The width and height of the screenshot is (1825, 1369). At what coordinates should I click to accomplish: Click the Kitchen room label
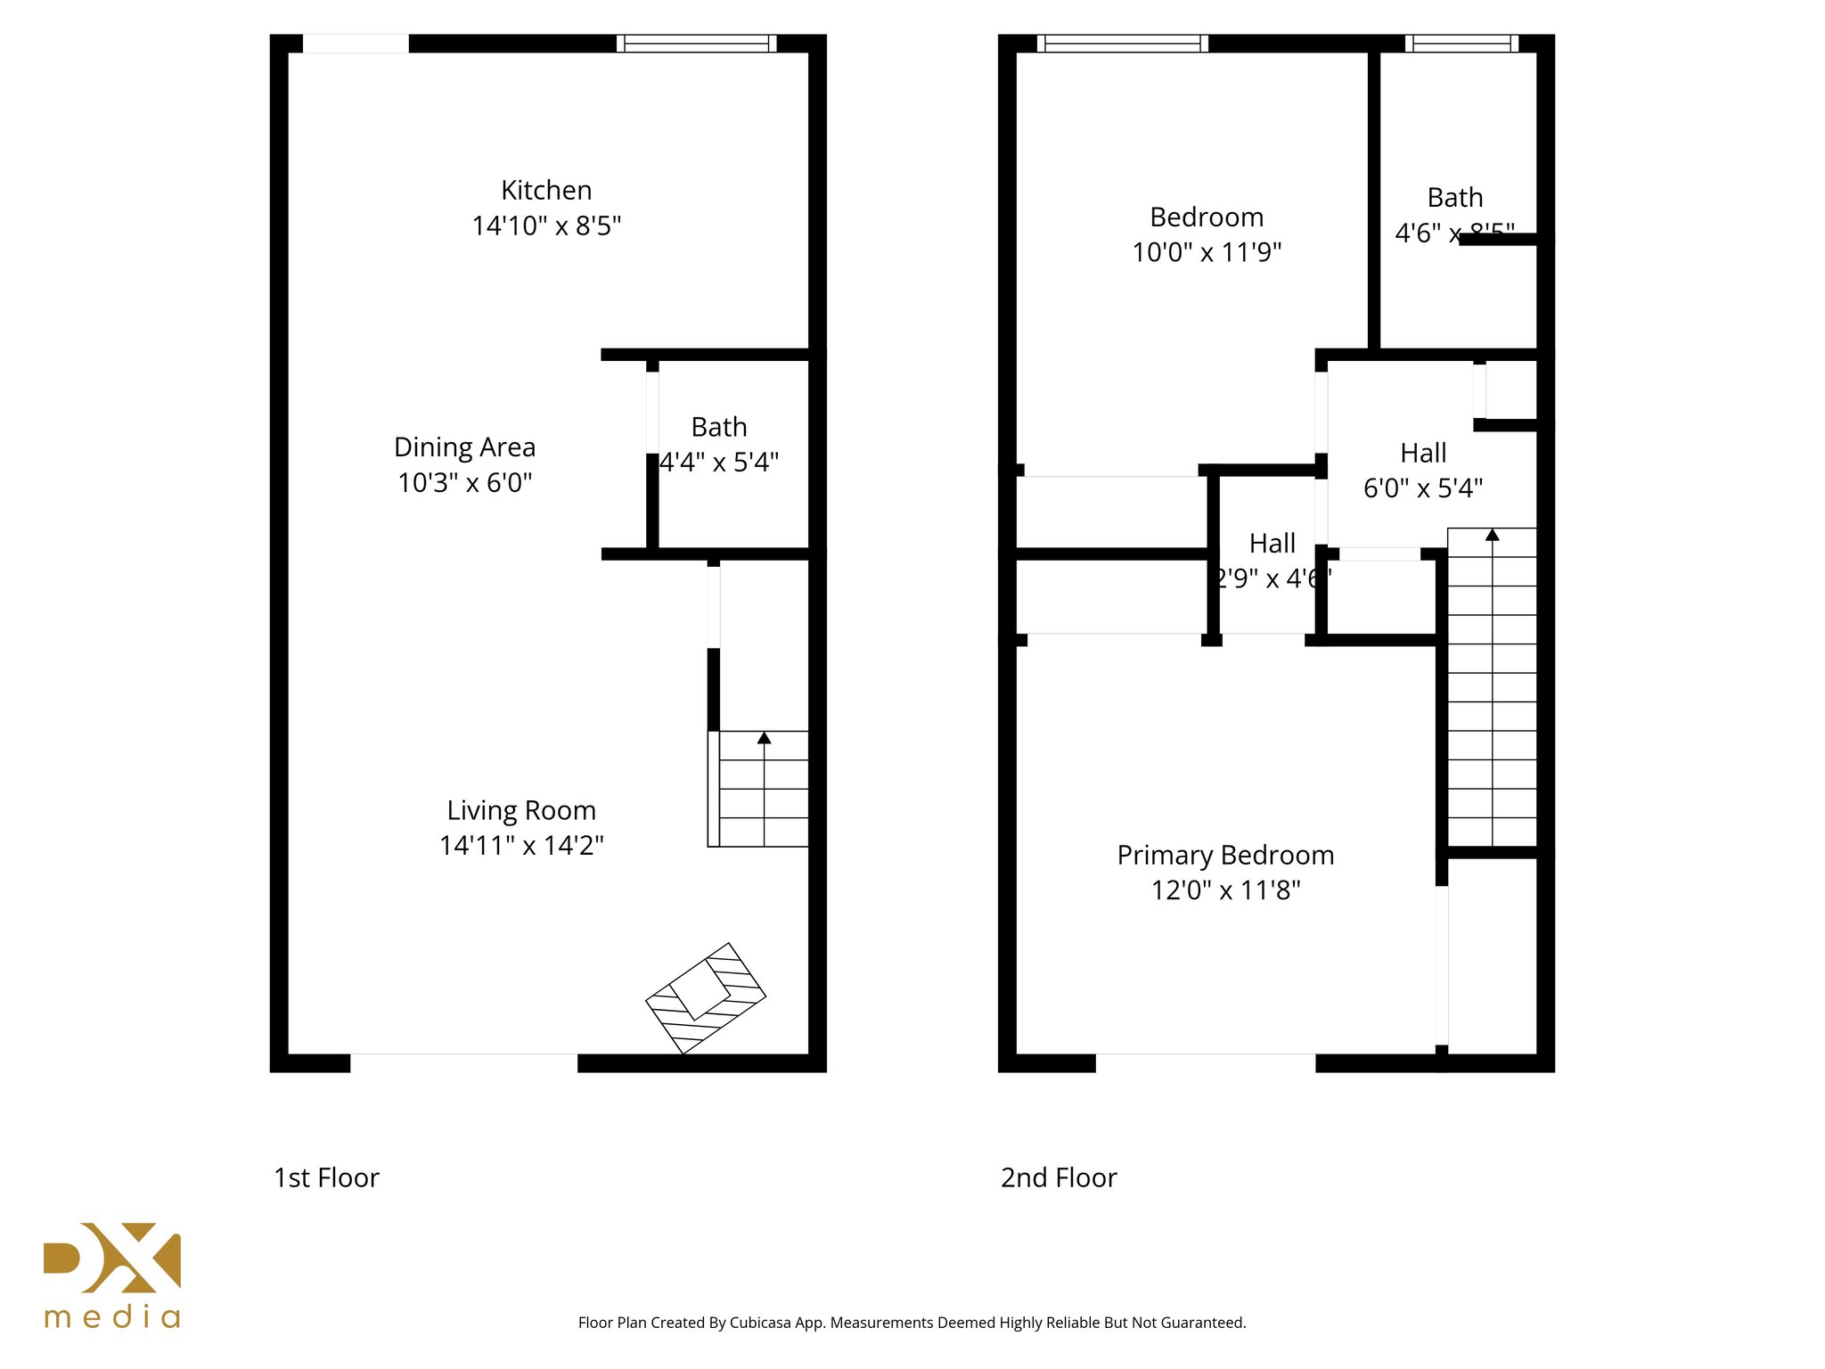[546, 190]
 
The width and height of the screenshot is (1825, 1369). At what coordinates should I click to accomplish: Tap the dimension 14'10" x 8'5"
[546, 225]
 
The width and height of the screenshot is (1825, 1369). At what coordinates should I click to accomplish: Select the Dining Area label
[464, 447]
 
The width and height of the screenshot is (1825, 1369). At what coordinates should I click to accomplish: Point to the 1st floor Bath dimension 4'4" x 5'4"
[719, 462]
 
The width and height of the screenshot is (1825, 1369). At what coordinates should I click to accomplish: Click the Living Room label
[521, 810]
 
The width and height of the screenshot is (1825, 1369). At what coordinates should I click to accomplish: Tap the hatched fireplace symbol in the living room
[705, 997]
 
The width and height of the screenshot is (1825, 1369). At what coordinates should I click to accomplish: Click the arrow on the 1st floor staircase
[764, 738]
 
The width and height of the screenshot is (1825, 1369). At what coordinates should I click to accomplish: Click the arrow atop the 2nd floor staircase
[1492, 535]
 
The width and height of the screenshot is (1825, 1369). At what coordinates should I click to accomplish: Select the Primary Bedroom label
[1225, 855]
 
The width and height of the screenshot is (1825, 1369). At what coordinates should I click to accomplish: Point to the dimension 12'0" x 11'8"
[1225, 890]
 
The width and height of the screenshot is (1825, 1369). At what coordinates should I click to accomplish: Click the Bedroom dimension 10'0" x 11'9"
[1207, 252]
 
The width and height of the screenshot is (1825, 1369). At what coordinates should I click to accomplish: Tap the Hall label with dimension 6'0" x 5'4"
[1423, 453]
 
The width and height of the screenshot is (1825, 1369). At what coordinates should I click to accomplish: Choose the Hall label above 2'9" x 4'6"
[1272, 543]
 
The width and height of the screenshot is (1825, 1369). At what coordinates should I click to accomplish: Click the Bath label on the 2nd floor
[1454, 197]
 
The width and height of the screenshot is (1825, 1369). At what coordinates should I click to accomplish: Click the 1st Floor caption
[326, 1177]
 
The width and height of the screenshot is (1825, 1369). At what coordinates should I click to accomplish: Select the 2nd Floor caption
[1059, 1177]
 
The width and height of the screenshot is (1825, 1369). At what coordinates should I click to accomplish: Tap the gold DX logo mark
[112, 1258]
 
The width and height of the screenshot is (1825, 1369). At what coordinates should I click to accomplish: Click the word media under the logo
[112, 1317]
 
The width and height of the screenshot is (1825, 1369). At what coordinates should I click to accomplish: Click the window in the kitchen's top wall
[696, 44]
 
